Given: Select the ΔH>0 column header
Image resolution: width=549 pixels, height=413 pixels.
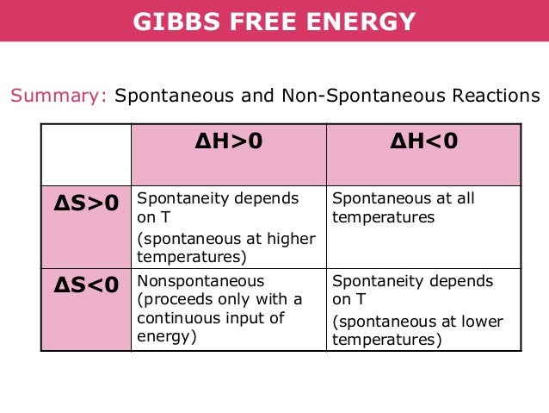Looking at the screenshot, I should tap(228, 141).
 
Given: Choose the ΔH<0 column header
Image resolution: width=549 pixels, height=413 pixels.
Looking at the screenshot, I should tap(423, 141).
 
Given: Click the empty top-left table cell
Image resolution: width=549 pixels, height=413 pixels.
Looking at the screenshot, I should tap(86, 153).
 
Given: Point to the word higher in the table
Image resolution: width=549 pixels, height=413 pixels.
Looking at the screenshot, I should tap(290, 239).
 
